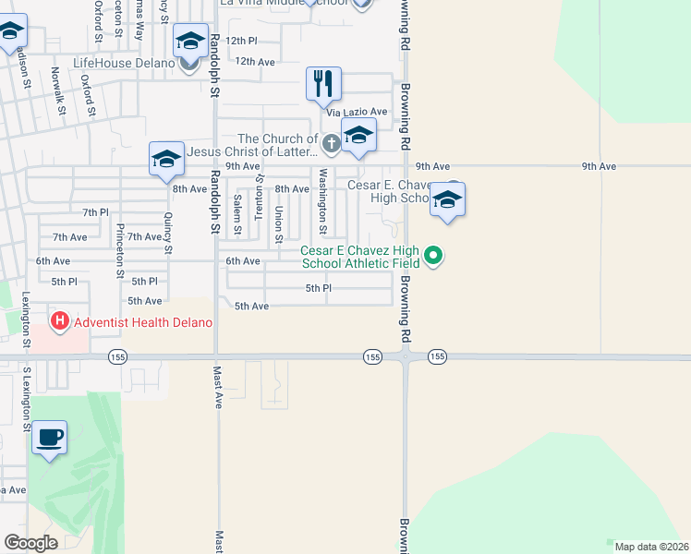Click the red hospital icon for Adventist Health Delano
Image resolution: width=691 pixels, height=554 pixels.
(x=60, y=322)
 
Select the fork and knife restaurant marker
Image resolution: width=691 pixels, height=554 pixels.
(x=323, y=84)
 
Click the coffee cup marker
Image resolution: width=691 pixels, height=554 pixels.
(x=49, y=437)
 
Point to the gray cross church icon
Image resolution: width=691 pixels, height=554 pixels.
(x=331, y=143)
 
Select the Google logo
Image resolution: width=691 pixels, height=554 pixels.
(x=30, y=543)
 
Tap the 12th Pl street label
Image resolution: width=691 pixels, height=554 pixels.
(x=240, y=41)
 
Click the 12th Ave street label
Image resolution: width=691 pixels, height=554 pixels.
(x=255, y=61)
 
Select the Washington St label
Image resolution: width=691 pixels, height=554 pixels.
(x=323, y=201)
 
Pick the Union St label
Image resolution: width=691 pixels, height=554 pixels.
(x=278, y=223)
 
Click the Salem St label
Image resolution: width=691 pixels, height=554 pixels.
(x=237, y=214)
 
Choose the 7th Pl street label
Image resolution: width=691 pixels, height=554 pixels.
(x=95, y=212)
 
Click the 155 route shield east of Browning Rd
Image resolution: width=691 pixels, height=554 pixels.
(x=437, y=356)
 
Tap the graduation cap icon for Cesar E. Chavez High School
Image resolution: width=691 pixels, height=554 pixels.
(x=447, y=199)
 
